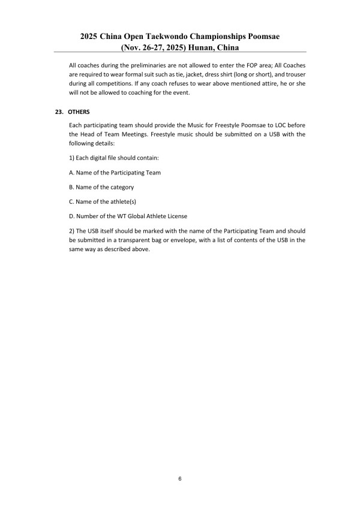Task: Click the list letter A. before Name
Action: (x=72, y=173)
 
